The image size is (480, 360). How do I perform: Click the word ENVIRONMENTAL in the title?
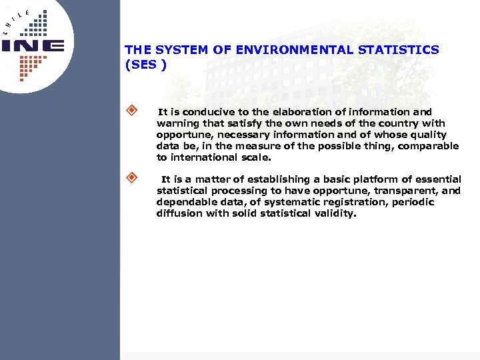click(x=280, y=50)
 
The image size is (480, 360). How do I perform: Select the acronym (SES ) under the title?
click(x=145, y=65)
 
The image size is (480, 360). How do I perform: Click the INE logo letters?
click(x=33, y=46)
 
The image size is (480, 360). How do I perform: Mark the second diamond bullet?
click(x=132, y=178)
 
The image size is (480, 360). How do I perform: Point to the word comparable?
click(x=428, y=146)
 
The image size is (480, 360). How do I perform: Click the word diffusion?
click(x=180, y=213)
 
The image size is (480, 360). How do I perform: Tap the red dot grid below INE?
click(x=29, y=65)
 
